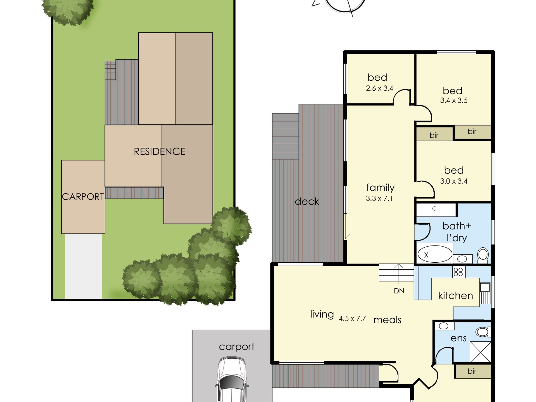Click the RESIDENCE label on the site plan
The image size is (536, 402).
pos(159,151)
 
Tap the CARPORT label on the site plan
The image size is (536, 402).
pos(83,197)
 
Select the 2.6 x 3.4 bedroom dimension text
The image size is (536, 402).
pos(379,88)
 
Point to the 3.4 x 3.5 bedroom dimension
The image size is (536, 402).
pos(454,100)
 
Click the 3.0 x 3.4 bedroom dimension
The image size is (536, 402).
pos(454,181)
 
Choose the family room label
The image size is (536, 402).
pos(380,188)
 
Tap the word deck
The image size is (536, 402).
pos(307,201)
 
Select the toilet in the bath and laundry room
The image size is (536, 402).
pos(483,255)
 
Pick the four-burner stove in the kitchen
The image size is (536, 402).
pos(458,272)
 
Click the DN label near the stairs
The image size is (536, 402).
pos(399,291)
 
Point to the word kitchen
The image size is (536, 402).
pos(456,296)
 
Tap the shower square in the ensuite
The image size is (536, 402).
pos(481,352)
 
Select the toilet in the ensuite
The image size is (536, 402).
pos(483,332)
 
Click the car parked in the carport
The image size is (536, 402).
pos(232,379)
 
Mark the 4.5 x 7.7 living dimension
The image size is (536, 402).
pos(352,318)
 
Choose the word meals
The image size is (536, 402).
pos(387,320)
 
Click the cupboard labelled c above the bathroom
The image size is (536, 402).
pos(436,210)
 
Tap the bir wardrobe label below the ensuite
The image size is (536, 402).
pos(472,371)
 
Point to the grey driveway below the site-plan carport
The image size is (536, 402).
pos(83,266)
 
